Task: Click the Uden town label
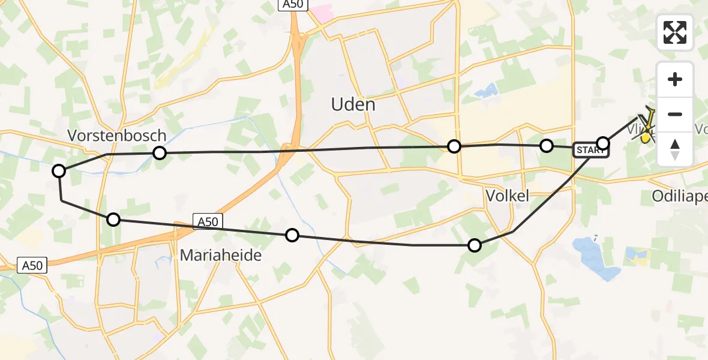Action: tap(353, 104)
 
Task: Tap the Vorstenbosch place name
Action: tap(116, 135)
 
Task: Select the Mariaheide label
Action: tap(221, 256)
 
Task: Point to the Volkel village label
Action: tap(507, 196)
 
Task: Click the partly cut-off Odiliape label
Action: tap(679, 196)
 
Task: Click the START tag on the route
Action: tap(590, 150)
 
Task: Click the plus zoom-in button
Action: tap(675, 79)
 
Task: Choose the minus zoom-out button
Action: tap(675, 114)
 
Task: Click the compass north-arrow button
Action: tap(675, 148)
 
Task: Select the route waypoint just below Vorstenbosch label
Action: tap(159, 153)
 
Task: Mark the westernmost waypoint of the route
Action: tap(59, 171)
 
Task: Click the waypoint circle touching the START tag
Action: tap(603, 143)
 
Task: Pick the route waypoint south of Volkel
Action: tap(475, 245)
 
